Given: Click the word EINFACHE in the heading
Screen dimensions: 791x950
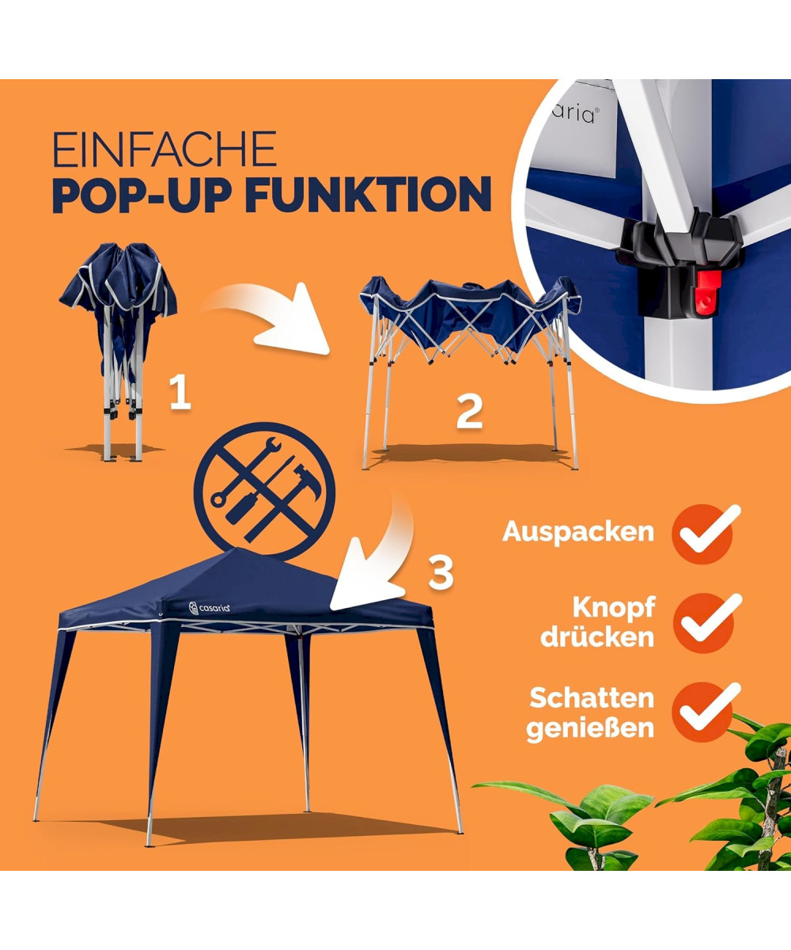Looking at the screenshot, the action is [x=165, y=149].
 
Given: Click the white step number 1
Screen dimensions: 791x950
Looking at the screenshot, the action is [x=180, y=393].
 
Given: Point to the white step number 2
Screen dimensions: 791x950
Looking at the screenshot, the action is [x=469, y=412].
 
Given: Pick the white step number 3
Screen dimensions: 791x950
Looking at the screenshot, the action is [x=441, y=573].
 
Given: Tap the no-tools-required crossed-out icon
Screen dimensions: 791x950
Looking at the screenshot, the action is [x=264, y=492].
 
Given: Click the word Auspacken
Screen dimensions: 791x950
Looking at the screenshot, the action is [x=577, y=532].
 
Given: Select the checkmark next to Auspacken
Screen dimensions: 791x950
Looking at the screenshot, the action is [x=706, y=530].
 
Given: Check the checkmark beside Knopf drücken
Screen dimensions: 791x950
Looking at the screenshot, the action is [x=707, y=620].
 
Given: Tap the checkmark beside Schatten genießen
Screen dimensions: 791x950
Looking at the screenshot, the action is [x=706, y=711].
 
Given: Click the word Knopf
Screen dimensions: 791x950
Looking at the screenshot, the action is [x=614, y=607].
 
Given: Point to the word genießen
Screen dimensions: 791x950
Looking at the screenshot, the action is [x=590, y=729].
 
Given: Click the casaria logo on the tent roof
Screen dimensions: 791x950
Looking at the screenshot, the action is [x=210, y=608].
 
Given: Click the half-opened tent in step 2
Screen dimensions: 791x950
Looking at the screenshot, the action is [x=469, y=373].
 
